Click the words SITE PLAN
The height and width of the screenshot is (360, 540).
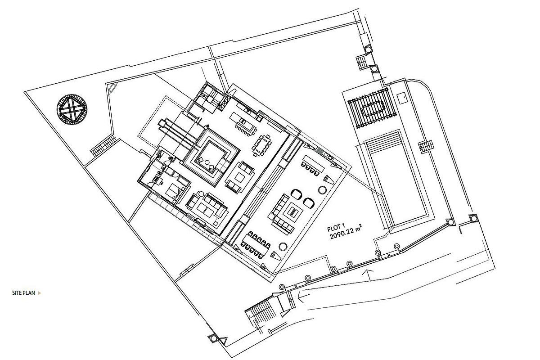pos(23,293)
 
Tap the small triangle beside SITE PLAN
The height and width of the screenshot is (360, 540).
pos(40,293)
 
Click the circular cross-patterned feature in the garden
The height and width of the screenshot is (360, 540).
pos(72,109)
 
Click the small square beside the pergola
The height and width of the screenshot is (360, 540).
pos(403,98)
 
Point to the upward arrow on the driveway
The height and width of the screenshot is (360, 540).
pos(368,274)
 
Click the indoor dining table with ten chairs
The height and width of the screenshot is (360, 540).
pos(262,145)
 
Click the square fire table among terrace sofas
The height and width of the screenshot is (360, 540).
pos(293,213)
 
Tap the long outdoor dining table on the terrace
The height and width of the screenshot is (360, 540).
pos(256,245)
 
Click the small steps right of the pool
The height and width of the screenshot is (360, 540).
pos(427,146)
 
